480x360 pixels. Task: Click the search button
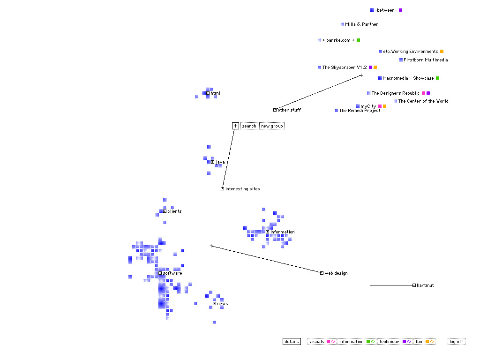point(249,126)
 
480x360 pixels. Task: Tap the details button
point(292,342)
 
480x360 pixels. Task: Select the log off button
point(457,342)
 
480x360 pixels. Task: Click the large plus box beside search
point(235,126)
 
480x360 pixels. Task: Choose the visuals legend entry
point(322,342)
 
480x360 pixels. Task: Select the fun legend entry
point(424,342)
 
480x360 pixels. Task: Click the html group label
point(215,93)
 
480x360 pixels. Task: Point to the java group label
point(220,162)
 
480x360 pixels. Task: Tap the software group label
point(172,273)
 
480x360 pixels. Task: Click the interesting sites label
point(242,189)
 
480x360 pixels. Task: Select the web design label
point(336,273)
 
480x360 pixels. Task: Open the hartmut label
point(425,285)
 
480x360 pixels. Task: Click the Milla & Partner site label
point(361,24)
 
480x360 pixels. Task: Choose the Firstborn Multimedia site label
point(426,60)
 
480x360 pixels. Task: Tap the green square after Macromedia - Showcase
point(437,78)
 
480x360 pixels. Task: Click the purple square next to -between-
point(400,10)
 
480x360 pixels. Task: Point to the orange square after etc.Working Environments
point(442,52)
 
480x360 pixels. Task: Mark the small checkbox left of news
point(214,304)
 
